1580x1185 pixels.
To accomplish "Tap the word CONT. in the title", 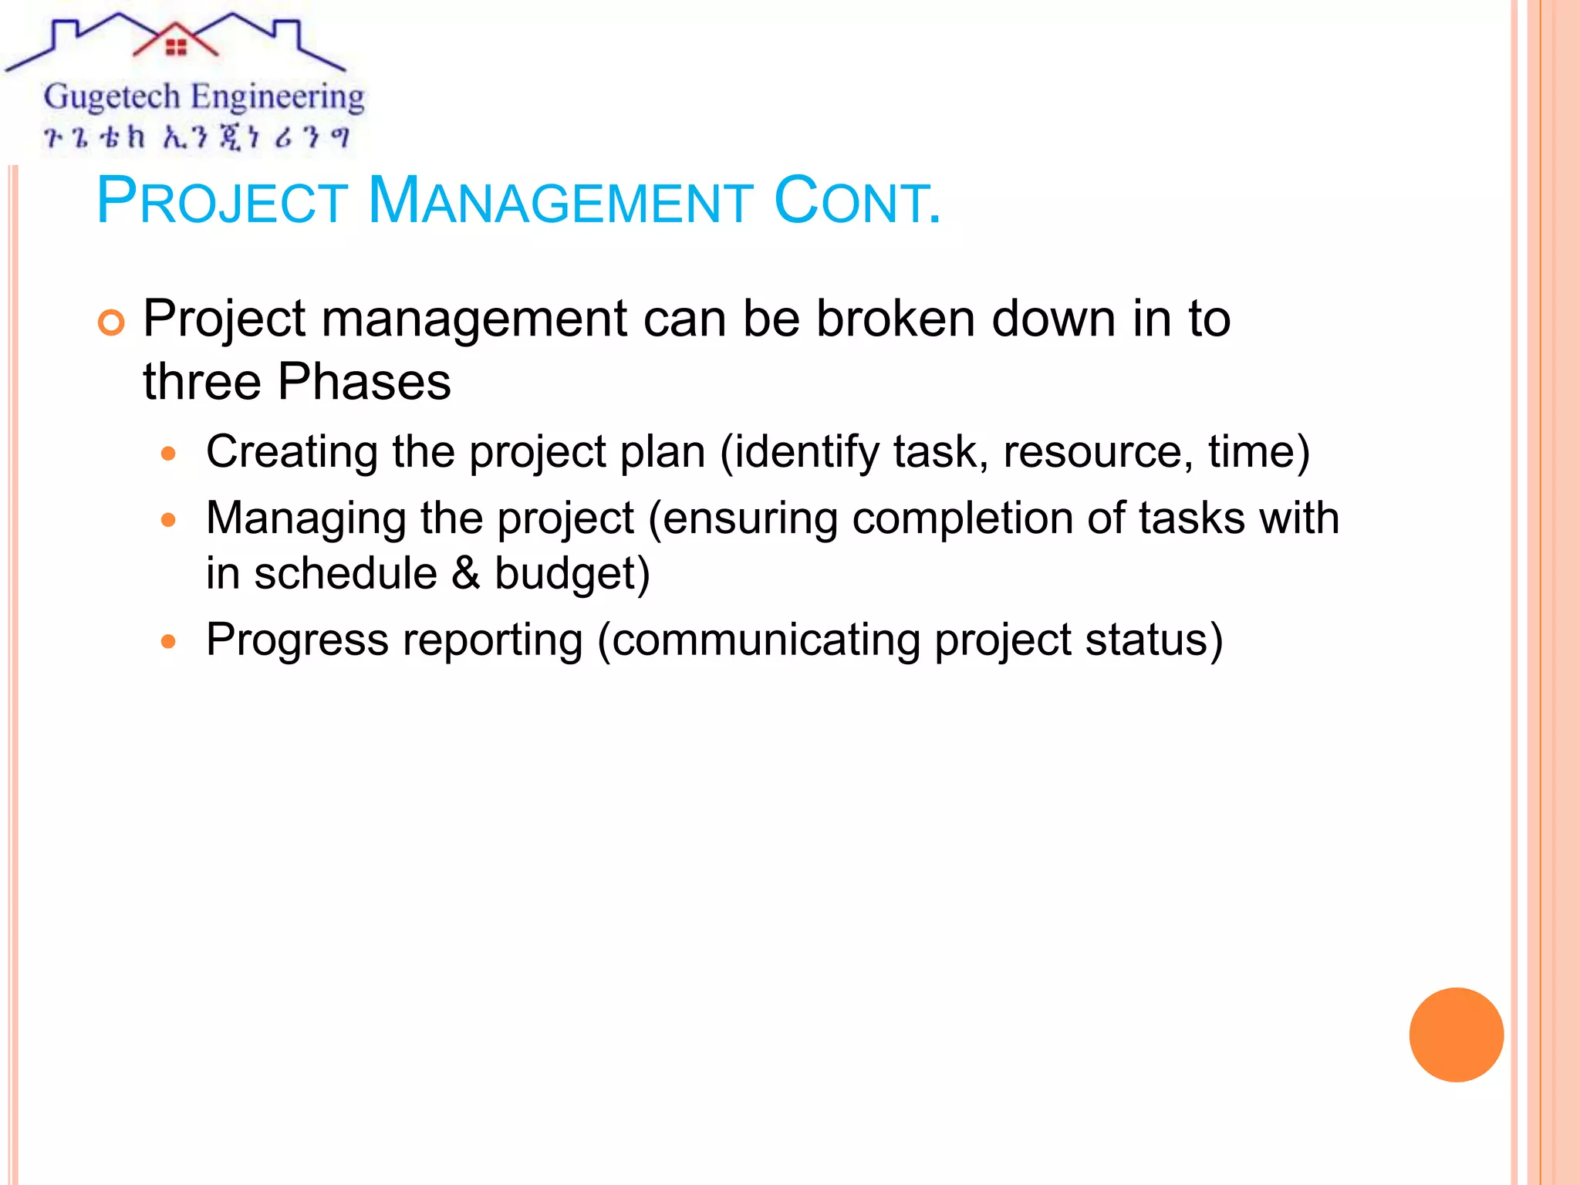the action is tap(856, 202).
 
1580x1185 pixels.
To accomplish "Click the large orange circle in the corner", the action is tap(1456, 1035).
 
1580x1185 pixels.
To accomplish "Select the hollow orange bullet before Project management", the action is tap(112, 322).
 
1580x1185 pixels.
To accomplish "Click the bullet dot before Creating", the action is tap(169, 454).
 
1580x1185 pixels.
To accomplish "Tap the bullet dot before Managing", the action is tap(169, 520).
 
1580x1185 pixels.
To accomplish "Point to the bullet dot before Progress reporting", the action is tap(169, 641).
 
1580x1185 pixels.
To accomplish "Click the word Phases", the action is tap(364, 382).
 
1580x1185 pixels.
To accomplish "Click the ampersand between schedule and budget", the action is tap(466, 573).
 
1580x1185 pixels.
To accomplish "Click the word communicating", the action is tap(765, 640).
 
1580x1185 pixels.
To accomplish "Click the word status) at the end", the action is tap(1153, 640).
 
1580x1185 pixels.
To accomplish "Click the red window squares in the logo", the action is tap(177, 48).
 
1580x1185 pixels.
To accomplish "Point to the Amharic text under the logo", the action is tap(197, 137).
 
